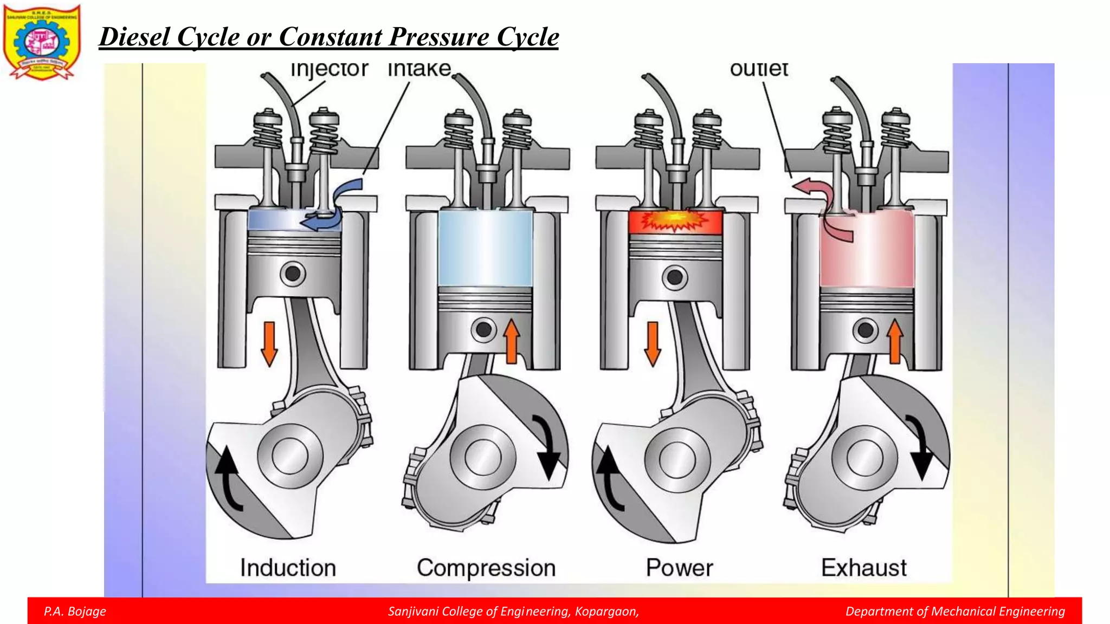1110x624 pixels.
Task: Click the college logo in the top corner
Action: click(x=42, y=42)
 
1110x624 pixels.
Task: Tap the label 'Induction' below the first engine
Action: click(x=288, y=568)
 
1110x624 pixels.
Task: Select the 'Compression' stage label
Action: click(x=486, y=568)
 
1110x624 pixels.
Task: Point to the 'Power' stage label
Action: click(x=679, y=568)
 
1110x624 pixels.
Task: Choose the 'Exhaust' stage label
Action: click(x=863, y=568)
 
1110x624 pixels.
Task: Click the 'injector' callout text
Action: click(x=329, y=69)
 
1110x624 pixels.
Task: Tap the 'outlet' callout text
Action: click(x=758, y=69)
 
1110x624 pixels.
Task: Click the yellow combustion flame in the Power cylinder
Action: click(x=675, y=221)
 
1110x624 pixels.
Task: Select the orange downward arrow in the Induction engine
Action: click(x=269, y=343)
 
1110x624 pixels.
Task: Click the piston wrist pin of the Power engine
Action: click(x=675, y=277)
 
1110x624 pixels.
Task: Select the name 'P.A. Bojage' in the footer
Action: click(x=75, y=612)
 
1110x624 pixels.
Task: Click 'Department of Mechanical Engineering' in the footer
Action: click(x=955, y=612)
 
